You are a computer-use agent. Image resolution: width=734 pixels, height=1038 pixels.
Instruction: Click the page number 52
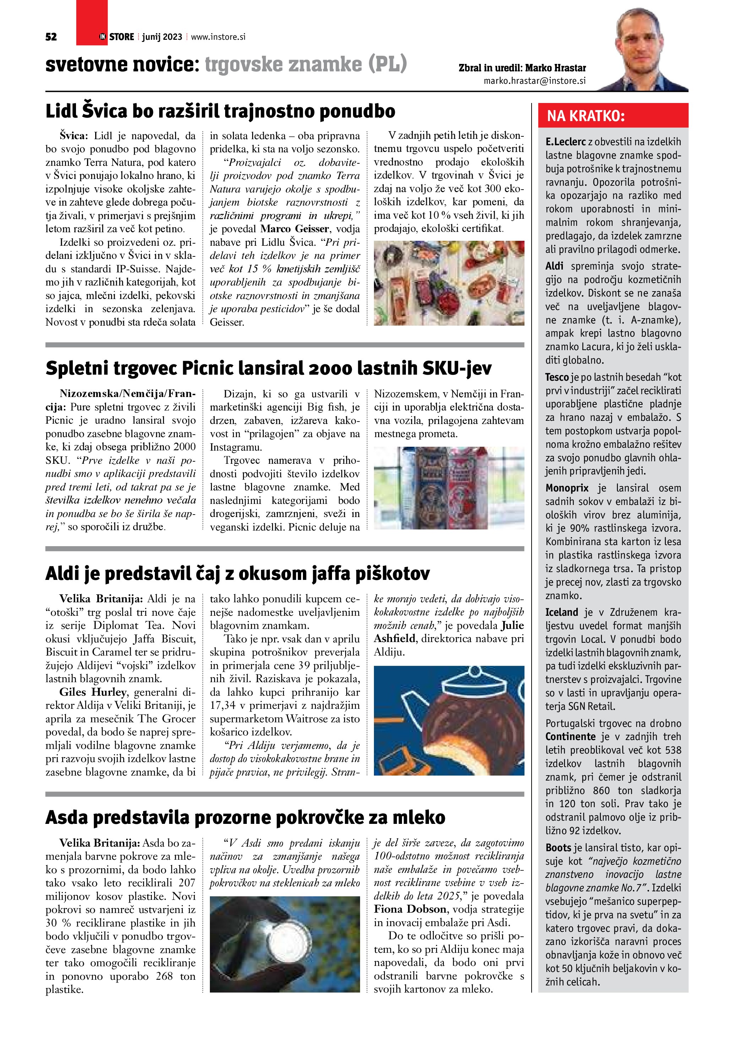51,37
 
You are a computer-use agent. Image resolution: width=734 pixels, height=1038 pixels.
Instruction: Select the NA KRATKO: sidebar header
586,116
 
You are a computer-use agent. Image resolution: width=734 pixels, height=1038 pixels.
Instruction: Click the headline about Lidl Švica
220,111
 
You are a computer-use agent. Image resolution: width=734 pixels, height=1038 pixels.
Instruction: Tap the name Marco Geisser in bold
294,229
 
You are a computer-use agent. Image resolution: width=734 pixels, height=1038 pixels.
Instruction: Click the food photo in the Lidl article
449,283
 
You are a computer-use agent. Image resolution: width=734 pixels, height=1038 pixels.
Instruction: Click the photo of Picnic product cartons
449,488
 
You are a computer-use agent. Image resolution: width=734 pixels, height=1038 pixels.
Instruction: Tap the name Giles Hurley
93,692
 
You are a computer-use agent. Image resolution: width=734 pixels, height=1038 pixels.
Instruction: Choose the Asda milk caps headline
245,817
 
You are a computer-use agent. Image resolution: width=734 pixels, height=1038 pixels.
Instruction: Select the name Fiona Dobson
410,909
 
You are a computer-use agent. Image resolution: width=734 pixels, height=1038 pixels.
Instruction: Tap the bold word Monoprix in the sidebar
567,488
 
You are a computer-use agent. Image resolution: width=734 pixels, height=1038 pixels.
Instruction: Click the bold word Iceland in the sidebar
561,613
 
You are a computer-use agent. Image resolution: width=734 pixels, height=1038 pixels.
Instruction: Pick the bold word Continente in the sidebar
570,737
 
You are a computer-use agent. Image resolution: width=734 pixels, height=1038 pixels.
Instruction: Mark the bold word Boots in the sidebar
558,848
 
